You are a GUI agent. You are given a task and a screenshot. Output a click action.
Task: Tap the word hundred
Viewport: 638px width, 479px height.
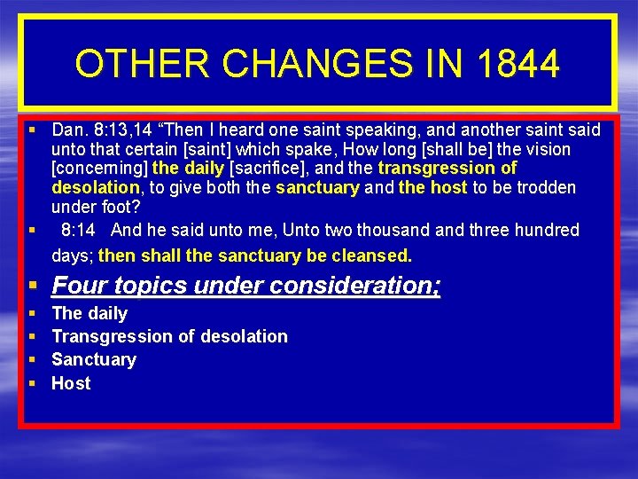coord(548,231)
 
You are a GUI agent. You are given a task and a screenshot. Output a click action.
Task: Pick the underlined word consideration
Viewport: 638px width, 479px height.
coord(360,286)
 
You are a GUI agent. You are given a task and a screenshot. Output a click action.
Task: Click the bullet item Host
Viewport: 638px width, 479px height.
coord(71,383)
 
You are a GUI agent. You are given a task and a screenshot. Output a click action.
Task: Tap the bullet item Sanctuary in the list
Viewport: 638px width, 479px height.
coord(94,359)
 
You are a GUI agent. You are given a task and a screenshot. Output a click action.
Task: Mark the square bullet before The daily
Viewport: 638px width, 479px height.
coord(32,313)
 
